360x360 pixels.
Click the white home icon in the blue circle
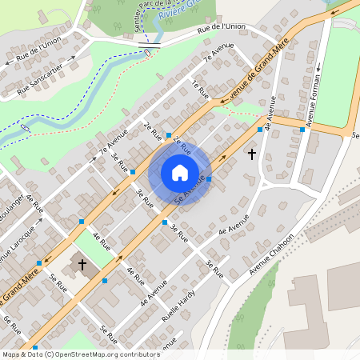click(x=180, y=173)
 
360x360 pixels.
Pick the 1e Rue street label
click(x=199, y=88)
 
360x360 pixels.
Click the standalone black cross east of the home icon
click(x=252, y=153)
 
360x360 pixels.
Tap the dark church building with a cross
click(x=82, y=264)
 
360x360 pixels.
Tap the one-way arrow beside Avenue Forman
click(x=318, y=69)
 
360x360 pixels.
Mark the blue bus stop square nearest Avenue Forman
click(x=302, y=130)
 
